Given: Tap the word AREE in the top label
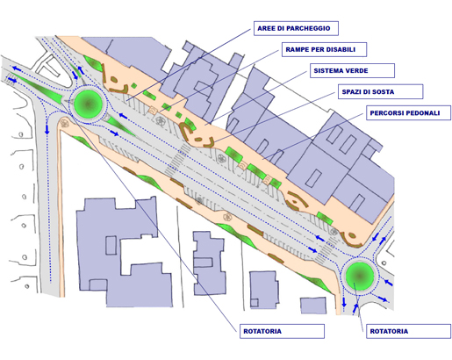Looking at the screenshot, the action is click(266, 28).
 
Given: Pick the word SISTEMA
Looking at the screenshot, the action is click(327, 70).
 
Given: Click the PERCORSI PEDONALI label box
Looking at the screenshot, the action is click(408, 112).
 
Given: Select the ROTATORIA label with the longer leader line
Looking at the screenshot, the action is click(282, 331).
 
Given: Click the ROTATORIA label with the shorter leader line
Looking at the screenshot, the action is click(408, 331).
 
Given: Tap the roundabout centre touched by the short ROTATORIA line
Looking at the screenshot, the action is click(360, 276).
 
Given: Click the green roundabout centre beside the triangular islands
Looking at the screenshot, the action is click(89, 104).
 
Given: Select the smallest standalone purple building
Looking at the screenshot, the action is click(313, 306).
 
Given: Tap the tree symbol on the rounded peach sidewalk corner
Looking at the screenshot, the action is click(65, 123).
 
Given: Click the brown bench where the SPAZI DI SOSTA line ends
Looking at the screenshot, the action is click(210, 142).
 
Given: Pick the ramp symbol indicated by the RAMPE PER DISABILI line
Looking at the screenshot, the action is click(154, 111).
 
